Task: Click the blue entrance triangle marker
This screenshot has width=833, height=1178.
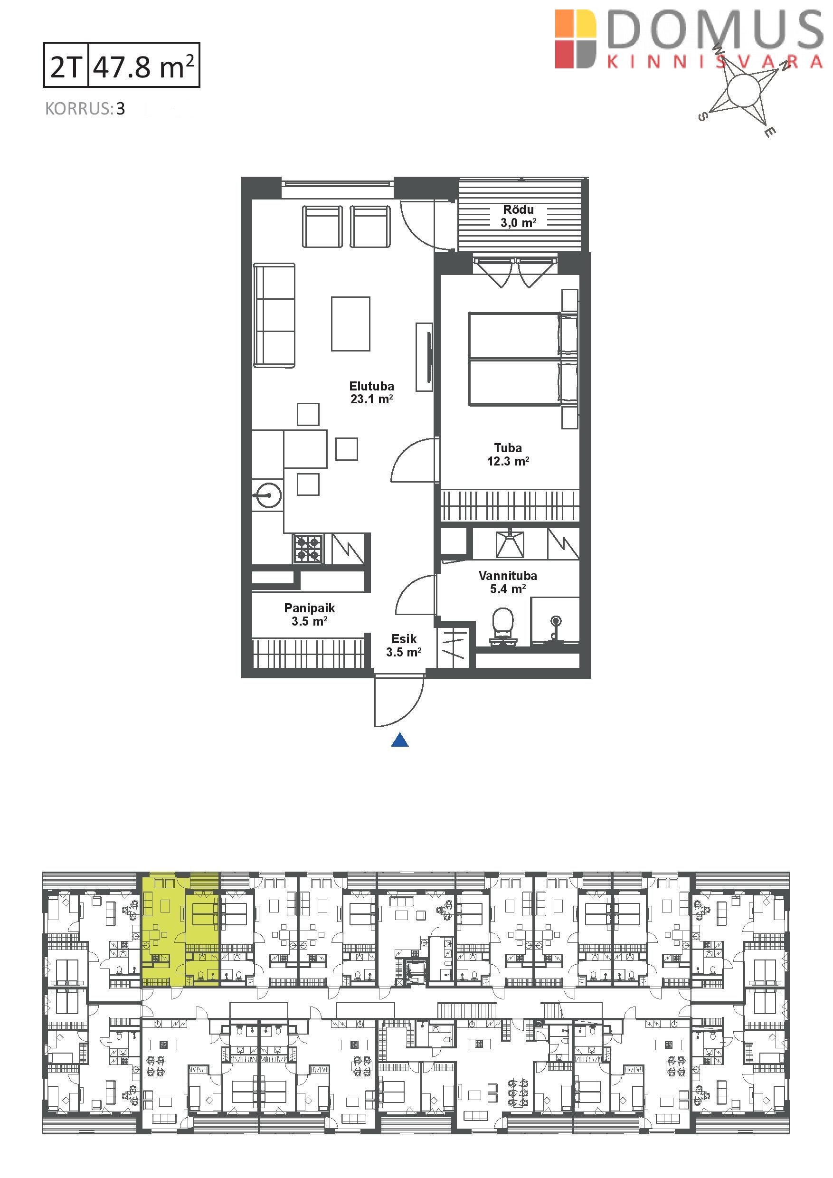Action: (x=399, y=740)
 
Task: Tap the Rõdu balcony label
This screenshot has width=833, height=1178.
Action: (x=518, y=216)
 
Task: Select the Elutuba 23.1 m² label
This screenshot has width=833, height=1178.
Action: (x=371, y=392)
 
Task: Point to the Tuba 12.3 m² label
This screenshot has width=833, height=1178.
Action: (x=508, y=455)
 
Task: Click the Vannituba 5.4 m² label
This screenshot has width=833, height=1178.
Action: (x=507, y=582)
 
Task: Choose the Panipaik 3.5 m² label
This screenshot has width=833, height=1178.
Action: (x=309, y=615)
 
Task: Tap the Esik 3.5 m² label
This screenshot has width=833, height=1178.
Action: (x=404, y=646)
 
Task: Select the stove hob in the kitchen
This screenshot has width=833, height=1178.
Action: (x=308, y=549)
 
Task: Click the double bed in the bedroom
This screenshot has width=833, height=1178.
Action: (x=523, y=359)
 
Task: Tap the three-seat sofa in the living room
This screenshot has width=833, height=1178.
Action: (x=275, y=315)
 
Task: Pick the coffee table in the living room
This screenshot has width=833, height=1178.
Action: (x=350, y=324)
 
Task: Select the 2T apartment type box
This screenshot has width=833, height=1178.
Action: (x=66, y=65)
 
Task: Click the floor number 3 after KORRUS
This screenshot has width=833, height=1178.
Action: (x=121, y=109)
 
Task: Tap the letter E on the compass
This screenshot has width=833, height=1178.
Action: (x=769, y=132)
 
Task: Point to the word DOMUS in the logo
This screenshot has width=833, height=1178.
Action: (x=715, y=30)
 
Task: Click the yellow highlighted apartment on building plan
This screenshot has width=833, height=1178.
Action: (x=180, y=929)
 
